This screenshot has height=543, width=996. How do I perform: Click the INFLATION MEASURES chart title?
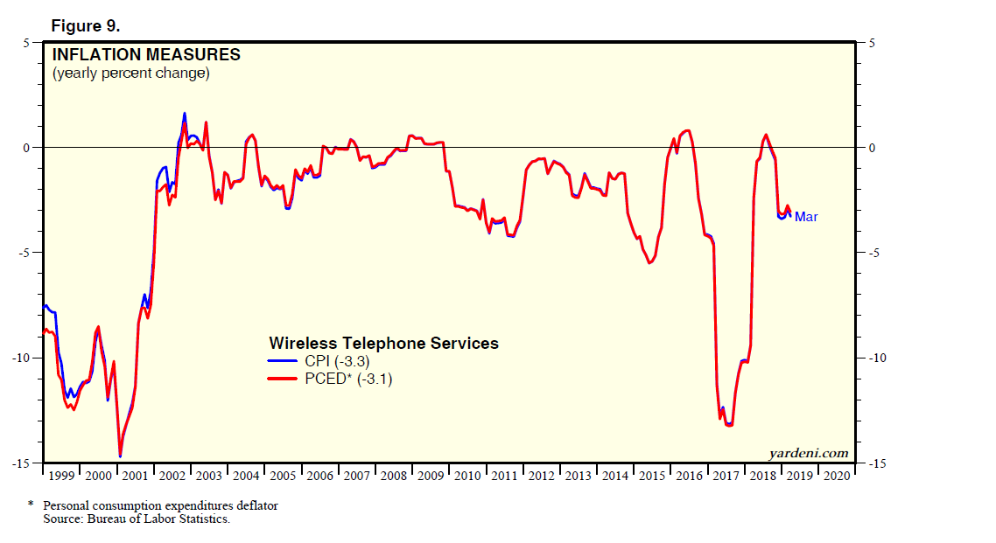146,55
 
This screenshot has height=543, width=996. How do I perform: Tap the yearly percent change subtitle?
130,73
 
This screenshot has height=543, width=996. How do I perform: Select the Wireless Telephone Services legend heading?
383,344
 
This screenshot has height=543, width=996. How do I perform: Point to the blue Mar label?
806,217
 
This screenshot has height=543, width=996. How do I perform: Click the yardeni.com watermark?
809,453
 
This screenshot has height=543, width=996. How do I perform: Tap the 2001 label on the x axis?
135,477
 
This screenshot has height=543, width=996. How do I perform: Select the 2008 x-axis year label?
393,477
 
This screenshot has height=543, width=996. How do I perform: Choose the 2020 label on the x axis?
835,477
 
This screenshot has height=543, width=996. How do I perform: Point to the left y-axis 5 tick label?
26,42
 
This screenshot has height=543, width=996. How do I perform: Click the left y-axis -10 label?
21,358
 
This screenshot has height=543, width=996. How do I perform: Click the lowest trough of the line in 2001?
120,456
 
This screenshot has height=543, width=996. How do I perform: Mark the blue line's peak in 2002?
185,113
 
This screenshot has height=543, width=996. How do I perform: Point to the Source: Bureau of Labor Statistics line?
136,519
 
